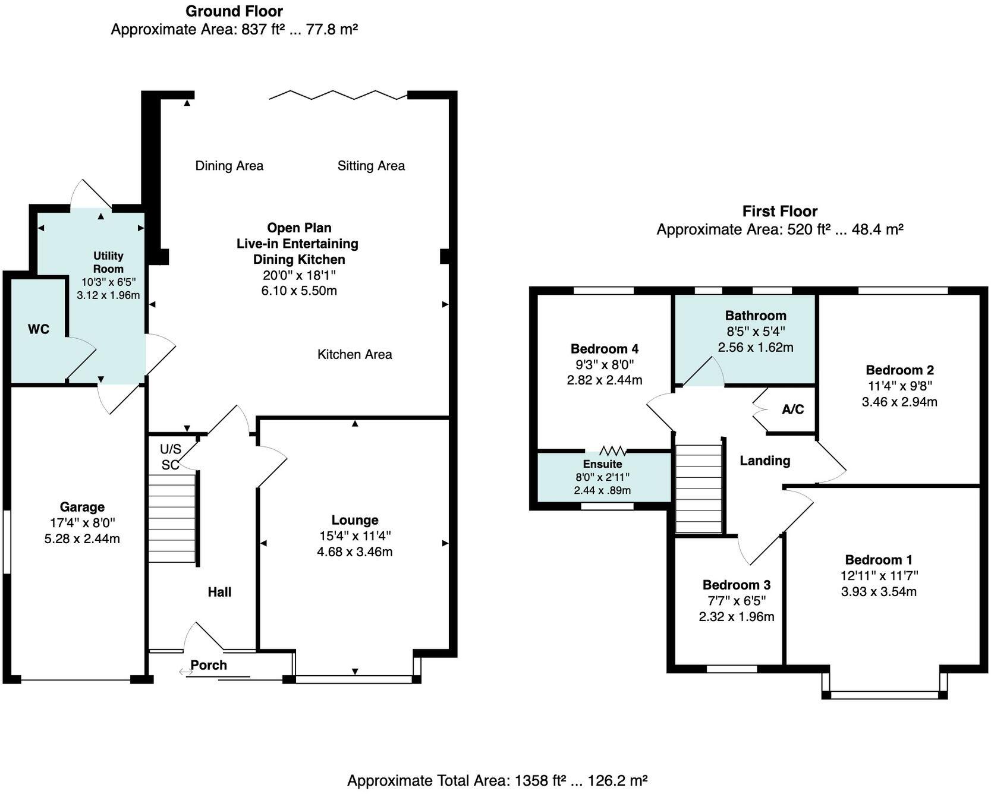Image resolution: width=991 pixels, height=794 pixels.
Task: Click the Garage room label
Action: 82,507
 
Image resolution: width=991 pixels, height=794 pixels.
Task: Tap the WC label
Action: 39,329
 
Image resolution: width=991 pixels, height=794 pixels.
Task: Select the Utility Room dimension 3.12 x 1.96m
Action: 108,295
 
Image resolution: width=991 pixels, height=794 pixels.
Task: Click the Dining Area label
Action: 229,166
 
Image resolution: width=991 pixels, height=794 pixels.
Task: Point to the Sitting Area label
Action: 371,166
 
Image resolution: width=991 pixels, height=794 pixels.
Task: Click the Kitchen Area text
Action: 354,355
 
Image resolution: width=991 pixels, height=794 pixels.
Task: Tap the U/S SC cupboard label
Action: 170,457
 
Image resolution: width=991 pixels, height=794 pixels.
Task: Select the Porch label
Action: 209,665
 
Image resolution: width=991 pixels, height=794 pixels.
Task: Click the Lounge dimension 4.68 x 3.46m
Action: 355,552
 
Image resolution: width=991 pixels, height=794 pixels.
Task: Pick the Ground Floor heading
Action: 234,11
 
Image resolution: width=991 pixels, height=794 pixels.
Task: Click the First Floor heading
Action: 780,211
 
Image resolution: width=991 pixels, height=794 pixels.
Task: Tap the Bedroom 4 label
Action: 605,349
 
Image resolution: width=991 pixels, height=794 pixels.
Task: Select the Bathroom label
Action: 756,316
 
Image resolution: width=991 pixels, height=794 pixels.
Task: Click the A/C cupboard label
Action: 793,409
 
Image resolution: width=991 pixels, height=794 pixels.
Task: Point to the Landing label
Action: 765,461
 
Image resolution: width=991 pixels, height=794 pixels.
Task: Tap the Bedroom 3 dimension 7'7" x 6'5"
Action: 737,601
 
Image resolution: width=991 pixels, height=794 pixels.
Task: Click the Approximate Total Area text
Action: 497,780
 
